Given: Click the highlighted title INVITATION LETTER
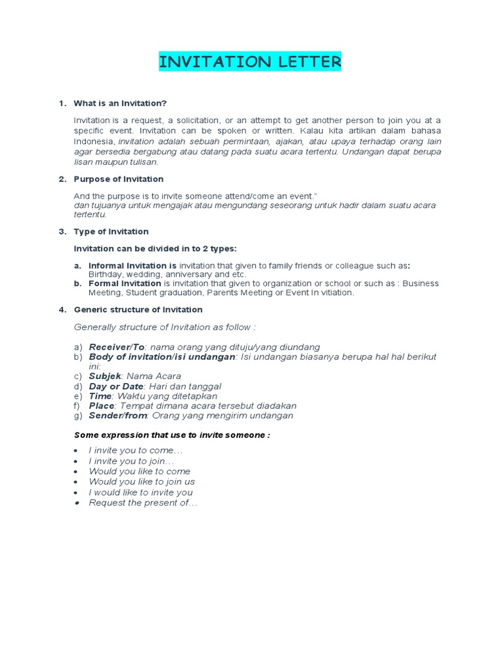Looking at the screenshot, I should [250, 63].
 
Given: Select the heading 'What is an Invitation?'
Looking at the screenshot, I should [120, 104].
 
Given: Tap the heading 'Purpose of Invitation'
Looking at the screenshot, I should [118, 179].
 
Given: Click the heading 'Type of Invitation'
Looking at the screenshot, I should [111, 231].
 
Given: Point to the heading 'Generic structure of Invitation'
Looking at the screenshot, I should [138, 309].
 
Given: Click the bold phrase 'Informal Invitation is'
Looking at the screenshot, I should [133, 266].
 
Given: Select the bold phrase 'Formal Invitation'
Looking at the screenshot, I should [125, 283].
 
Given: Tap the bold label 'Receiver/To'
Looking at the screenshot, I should [117, 347].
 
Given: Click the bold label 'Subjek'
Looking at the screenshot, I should [105, 376].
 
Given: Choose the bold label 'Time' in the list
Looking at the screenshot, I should [100, 396].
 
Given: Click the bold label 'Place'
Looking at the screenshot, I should [102, 406].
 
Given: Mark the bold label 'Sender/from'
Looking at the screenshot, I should [118, 416].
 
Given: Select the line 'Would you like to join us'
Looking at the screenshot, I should [142, 482].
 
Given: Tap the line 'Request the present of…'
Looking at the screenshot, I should [143, 503].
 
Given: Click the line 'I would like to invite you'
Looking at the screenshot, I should [141, 492].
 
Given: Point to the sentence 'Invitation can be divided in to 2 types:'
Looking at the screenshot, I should [156, 249].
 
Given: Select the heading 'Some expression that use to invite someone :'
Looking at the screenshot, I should [172, 434].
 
